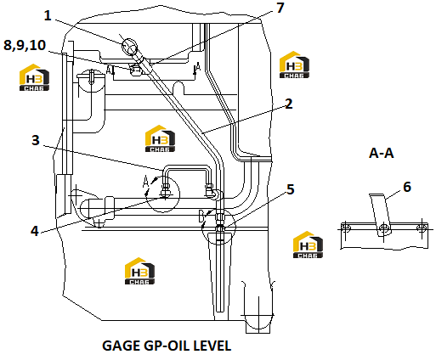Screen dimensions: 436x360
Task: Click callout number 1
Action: [48, 15]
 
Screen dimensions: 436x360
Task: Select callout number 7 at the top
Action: [280, 8]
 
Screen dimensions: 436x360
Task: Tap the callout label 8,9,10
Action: [25, 45]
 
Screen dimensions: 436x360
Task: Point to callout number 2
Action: [288, 104]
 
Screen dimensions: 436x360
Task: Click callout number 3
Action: [36, 140]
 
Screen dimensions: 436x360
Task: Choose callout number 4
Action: [35, 231]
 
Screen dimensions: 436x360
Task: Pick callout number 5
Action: [291, 189]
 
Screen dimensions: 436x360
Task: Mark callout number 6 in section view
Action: [407, 187]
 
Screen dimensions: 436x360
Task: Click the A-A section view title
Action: [382, 153]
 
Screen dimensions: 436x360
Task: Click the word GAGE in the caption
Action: [122, 346]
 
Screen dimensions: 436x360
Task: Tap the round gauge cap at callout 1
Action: [129, 47]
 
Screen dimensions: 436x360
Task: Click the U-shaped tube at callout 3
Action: [187, 170]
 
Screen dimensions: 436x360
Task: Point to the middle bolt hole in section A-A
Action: [384, 228]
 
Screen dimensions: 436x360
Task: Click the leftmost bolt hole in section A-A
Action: [346, 228]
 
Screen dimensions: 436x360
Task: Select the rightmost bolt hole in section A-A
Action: [422, 228]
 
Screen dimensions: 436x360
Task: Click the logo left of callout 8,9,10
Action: [34, 77]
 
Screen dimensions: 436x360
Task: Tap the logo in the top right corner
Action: [294, 65]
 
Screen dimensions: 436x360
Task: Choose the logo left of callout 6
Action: [308, 245]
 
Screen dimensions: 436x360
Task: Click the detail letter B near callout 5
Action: [201, 216]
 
